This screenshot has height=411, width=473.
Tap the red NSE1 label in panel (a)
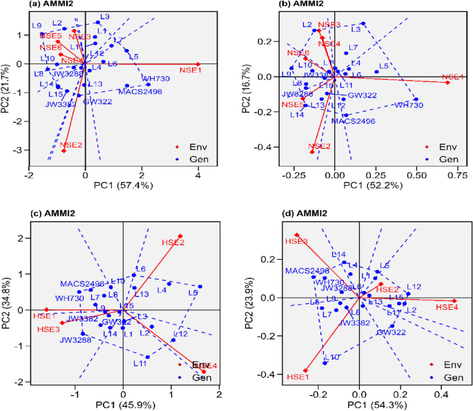pyautogui.click(x=191, y=70)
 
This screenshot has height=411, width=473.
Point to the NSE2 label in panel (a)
pyautogui.click(x=72, y=145)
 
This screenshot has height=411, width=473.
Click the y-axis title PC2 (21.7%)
pyautogui.click(x=7, y=86)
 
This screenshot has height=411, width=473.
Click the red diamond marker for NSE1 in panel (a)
pyautogui.click(x=198, y=64)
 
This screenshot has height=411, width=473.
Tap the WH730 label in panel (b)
pyautogui.click(x=409, y=105)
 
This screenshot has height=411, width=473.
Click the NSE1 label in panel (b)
pyautogui.click(x=454, y=77)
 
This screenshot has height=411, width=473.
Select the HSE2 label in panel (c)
pyautogui.click(x=173, y=242)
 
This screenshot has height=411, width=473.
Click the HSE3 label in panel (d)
pyautogui.click(x=296, y=241)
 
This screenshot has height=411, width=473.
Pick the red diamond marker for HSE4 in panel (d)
pyautogui.click(x=454, y=300)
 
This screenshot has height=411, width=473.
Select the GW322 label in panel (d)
pyautogui.click(x=390, y=332)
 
